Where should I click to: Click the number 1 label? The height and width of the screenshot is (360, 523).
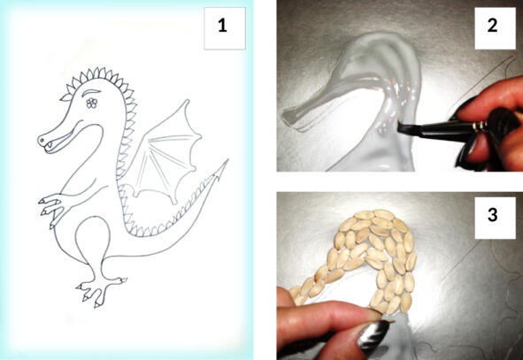coord(222,26)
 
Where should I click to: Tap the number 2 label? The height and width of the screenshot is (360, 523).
coord(493,26)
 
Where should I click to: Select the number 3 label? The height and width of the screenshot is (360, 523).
coord(493,215)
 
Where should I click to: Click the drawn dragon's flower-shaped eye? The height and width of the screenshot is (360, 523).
coord(92,103)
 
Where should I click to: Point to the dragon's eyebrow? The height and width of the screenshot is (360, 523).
coord(91,92)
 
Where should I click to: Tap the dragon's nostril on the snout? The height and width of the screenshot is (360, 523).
coord(42,141)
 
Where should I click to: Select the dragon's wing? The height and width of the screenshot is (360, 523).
coord(164,153)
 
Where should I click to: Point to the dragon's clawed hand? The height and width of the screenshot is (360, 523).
coord(53,208)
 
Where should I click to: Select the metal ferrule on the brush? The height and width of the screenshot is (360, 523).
coord(479,126)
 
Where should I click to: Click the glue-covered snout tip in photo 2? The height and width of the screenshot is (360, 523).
coord(291,119)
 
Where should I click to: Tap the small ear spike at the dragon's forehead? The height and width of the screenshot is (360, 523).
coord(66,97)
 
